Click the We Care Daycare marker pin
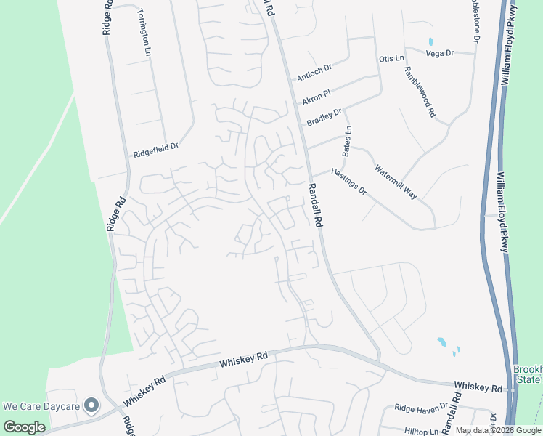click(91, 405)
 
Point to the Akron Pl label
click(317, 95)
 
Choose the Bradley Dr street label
click(324, 117)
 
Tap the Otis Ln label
click(391, 58)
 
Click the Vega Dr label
click(439, 53)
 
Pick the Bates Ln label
click(347, 141)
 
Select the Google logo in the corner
click(25, 427)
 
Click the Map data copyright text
click(498, 430)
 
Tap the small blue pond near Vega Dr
click(430, 41)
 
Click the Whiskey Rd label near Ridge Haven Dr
click(478, 387)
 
